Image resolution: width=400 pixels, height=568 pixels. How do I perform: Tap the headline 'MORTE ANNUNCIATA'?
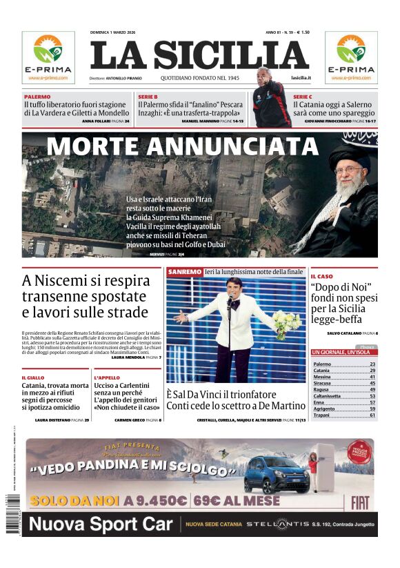point(172,146)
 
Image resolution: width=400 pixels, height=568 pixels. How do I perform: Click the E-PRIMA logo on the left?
point(48,57)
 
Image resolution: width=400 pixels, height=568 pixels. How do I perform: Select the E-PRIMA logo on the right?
point(351,57)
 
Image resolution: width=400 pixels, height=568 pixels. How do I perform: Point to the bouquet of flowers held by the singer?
point(286,322)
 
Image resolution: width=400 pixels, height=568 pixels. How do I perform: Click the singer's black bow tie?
point(235,304)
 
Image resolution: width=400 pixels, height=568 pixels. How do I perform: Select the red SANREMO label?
point(185,272)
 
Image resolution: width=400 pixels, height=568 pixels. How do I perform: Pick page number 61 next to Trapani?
point(372,415)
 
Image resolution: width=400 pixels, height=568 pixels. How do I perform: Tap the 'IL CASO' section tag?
point(321,276)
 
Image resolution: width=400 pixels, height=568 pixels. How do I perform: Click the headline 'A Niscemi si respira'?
point(86,281)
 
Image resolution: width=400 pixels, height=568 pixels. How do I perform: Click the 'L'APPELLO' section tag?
point(107,378)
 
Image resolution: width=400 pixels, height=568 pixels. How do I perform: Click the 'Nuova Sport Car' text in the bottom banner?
point(101,525)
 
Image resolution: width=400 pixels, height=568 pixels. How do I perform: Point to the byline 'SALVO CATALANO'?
point(344,333)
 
